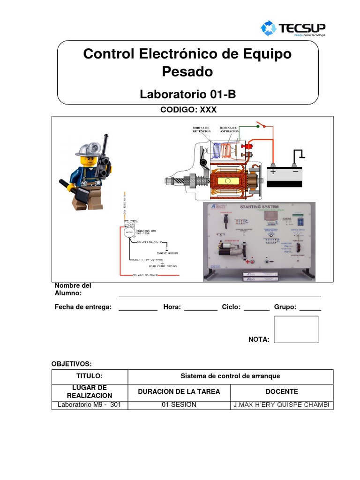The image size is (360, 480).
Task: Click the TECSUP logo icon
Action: coord(269,28)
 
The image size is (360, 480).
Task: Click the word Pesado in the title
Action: coord(187,72)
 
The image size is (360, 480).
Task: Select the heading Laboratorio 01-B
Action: coord(187,95)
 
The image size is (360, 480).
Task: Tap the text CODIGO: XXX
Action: coord(187,110)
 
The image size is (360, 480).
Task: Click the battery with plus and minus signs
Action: coord(285,176)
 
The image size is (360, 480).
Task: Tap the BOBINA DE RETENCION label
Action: coord(201,129)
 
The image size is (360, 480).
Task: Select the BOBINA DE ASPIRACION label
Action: coord(228,129)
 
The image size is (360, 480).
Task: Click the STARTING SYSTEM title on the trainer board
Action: coord(259,207)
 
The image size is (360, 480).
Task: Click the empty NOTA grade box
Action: coord(296,329)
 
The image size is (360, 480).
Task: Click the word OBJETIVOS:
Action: coord(72,364)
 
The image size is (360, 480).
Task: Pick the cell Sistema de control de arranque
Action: coord(230,376)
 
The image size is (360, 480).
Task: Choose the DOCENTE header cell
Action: coord(281,391)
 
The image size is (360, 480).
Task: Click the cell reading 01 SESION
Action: coord(179,405)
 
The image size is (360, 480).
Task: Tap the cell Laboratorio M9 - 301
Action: coord(89,405)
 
